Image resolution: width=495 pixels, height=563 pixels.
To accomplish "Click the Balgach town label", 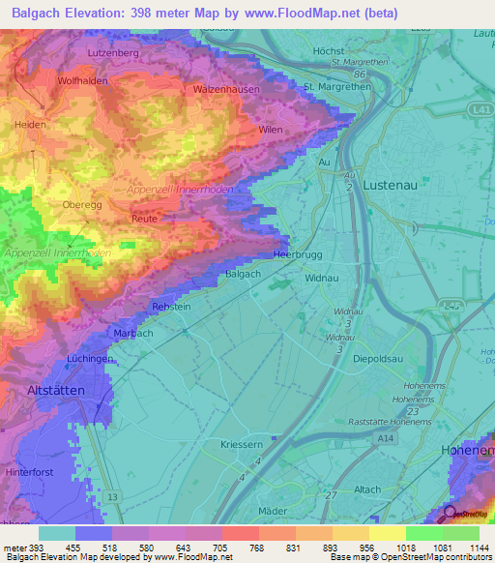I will [x=243, y=274].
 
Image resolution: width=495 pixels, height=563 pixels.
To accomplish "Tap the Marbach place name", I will [x=132, y=333].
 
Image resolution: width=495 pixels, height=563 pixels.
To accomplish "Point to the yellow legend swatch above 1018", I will [x=387, y=533].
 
